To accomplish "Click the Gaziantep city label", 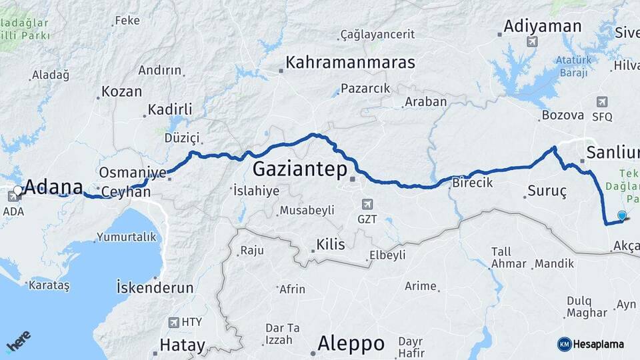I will [300, 169].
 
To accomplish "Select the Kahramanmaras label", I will [350, 63].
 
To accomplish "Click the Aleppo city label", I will [351, 343].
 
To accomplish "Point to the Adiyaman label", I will [543, 27].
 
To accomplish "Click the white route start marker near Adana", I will [18, 191].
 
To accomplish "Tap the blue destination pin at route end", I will [622, 216].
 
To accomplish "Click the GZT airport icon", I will [366, 204].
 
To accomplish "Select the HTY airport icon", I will [174, 322].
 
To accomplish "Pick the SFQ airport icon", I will [602, 102].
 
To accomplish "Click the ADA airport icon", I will [13, 197].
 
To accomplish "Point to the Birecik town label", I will [472, 183].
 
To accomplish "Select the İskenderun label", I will [155, 288].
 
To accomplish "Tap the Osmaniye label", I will [132, 173].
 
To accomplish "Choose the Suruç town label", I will [547, 192].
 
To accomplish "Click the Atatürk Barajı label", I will [573, 65].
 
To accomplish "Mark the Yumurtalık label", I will [126, 237].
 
